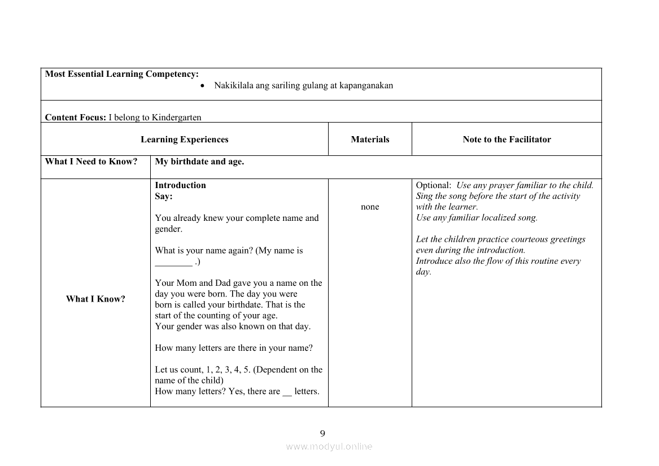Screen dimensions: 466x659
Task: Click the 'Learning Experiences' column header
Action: point(185,140)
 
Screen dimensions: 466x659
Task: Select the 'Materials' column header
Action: point(370,140)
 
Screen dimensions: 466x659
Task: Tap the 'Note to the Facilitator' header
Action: point(507,140)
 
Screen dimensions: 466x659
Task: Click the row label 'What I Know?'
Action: point(95,299)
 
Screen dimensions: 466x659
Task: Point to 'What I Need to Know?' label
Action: point(91,162)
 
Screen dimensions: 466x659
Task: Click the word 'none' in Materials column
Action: point(370,207)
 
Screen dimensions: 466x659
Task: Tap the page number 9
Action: point(322,434)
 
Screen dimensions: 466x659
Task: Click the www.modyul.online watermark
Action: point(329,447)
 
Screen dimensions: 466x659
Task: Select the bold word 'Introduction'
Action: point(180,185)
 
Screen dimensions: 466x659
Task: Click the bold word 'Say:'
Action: point(164,197)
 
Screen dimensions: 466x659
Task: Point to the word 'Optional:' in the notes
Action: point(434,185)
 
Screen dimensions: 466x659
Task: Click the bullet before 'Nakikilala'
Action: point(203,86)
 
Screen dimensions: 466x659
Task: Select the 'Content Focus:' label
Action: point(75,117)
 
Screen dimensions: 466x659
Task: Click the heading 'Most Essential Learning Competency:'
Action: point(121,74)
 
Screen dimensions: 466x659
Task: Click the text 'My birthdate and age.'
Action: point(199,162)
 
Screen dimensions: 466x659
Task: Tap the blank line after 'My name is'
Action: point(173,263)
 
